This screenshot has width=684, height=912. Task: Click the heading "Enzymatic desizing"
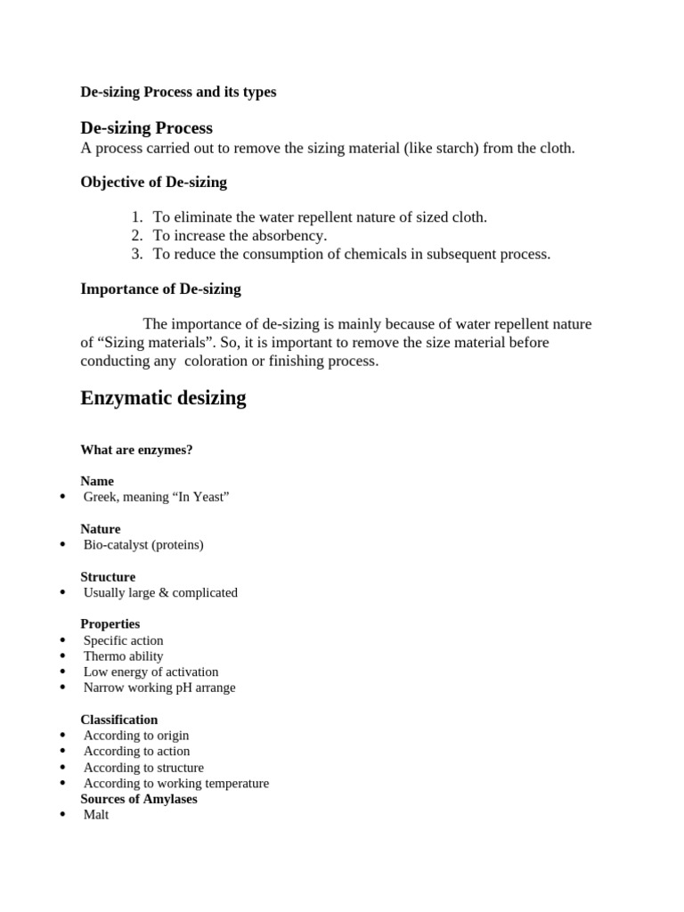click(x=163, y=398)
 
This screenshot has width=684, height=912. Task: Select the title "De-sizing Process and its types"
click(x=178, y=92)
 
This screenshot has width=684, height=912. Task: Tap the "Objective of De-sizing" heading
click(x=153, y=183)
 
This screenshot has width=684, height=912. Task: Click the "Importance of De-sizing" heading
click(x=160, y=289)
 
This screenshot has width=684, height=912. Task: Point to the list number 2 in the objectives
click(x=137, y=236)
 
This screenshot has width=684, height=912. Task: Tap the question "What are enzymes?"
click(x=136, y=450)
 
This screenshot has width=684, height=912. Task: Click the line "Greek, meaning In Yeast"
click(x=157, y=497)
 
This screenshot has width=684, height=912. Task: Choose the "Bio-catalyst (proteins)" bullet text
click(x=143, y=544)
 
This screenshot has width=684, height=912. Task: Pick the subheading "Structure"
click(x=108, y=577)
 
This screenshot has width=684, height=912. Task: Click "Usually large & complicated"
click(x=160, y=592)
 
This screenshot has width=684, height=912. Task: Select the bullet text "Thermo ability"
click(x=123, y=656)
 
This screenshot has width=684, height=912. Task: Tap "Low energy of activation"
click(x=151, y=672)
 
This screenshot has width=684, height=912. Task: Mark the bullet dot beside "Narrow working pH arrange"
click(x=62, y=688)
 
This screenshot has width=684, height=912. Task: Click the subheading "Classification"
click(x=118, y=720)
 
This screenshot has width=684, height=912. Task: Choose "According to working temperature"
click(x=175, y=784)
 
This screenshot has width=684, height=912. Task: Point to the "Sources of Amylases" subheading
click(x=139, y=799)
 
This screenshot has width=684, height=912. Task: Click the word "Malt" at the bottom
click(x=96, y=815)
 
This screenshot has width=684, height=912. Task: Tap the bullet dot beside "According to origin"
click(x=62, y=736)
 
